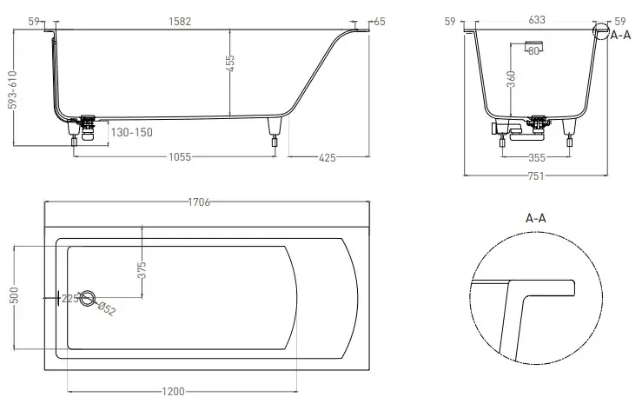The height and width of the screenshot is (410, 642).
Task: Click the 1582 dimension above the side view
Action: [180, 22]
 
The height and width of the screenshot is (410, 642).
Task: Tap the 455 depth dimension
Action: [230, 63]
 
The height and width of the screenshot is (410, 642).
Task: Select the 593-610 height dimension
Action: [13, 90]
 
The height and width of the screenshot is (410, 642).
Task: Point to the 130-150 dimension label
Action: [131, 132]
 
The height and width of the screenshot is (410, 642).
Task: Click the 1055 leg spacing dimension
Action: [180, 157]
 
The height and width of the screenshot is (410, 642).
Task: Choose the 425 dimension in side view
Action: [328, 158]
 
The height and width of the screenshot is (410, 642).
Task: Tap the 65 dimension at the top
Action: [380, 22]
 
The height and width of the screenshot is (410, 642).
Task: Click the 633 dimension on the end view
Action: [537, 20]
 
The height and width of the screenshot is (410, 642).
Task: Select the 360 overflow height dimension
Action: [511, 79]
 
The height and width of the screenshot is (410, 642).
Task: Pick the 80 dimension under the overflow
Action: [533, 51]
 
